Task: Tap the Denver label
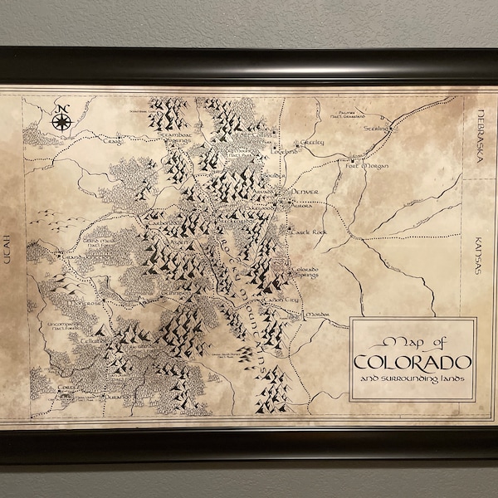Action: click(x=304, y=192)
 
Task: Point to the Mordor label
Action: click(x=318, y=315)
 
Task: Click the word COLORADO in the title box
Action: click(x=413, y=362)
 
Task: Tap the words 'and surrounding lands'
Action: click(x=413, y=379)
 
